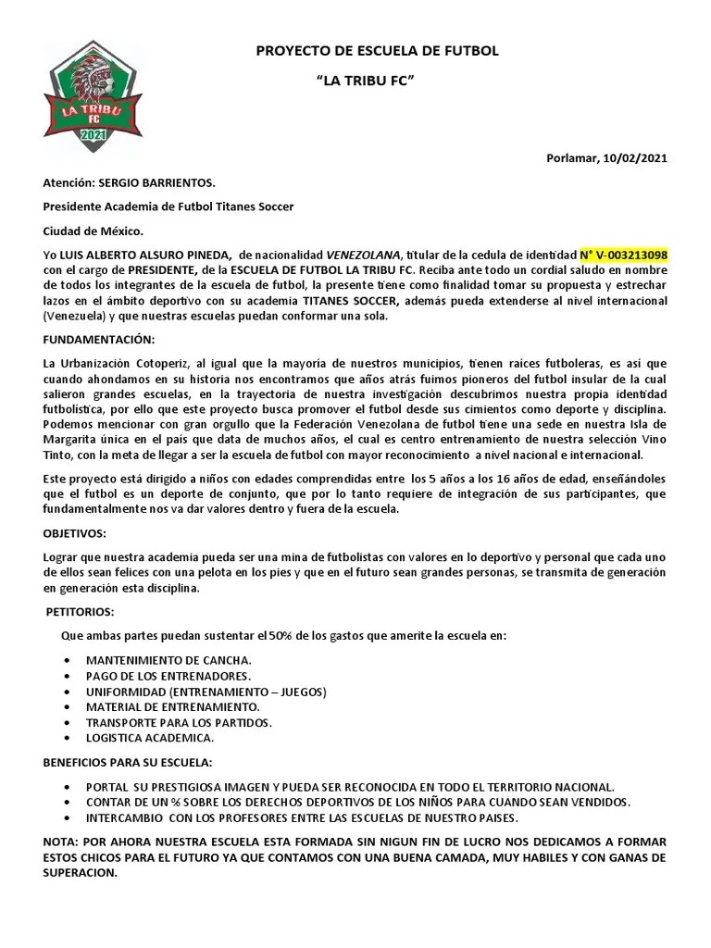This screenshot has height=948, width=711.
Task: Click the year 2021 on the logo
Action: click(94, 136)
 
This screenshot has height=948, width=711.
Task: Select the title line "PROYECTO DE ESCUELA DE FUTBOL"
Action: click(377, 51)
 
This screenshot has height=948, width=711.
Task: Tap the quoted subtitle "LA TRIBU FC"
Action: click(365, 81)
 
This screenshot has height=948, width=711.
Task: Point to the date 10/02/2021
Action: click(634, 157)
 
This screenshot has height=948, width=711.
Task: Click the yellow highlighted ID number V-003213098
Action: click(623, 255)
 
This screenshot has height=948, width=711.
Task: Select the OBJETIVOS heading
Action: click(74, 534)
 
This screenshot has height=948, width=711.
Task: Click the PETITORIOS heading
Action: click(81, 612)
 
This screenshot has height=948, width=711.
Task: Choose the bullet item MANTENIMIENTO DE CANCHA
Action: click(168, 660)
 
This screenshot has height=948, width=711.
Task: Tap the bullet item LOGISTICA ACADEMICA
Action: click(150, 738)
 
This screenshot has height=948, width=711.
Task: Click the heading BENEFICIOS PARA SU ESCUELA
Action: click(128, 762)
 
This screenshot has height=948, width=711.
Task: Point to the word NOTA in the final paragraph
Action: click(61, 843)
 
